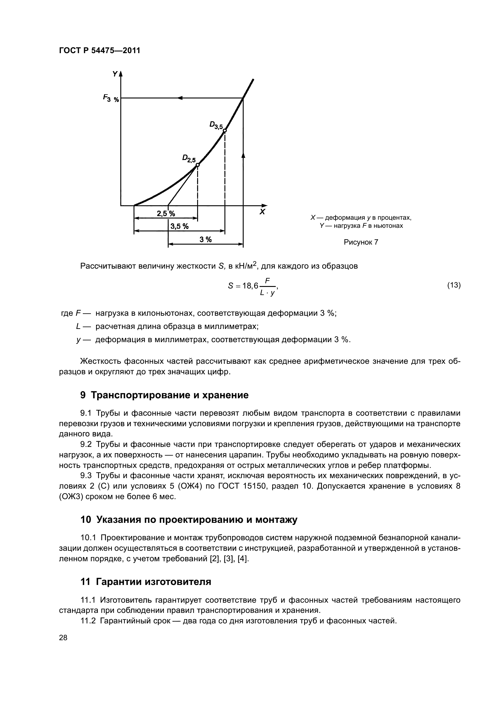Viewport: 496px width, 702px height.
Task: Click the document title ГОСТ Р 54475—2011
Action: click(x=99, y=50)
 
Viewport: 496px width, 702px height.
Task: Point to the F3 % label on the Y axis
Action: click(x=111, y=98)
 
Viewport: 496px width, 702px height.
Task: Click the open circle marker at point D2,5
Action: click(x=197, y=165)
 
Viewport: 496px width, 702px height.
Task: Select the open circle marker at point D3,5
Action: click(x=225, y=131)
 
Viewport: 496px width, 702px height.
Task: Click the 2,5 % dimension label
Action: click(x=166, y=213)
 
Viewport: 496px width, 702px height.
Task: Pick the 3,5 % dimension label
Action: click(x=179, y=226)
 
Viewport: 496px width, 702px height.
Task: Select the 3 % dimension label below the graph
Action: click(x=206, y=240)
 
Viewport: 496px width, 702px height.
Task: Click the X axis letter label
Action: click(x=262, y=212)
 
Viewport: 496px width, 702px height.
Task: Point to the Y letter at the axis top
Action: click(x=115, y=74)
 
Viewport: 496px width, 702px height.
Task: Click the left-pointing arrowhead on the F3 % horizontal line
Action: click(x=180, y=98)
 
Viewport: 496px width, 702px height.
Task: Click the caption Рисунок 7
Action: click(x=361, y=242)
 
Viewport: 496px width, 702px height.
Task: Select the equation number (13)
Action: click(x=453, y=285)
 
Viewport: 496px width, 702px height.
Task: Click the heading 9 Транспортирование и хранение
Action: click(x=164, y=395)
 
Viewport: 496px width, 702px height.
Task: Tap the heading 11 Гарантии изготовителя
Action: click(x=146, y=581)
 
